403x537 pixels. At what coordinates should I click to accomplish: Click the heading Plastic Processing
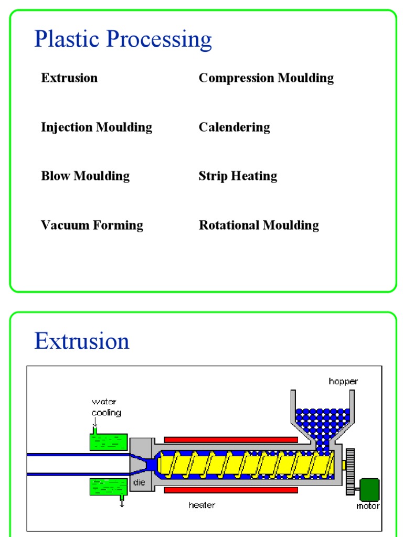click(x=123, y=40)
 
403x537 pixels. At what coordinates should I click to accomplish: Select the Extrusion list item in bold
click(x=69, y=78)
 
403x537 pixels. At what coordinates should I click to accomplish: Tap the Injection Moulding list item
click(x=97, y=127)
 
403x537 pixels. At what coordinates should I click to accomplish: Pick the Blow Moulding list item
click(x=85, y=176)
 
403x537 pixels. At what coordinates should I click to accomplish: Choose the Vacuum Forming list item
click(x=92, y=225)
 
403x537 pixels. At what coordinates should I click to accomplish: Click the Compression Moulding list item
click(x=266, y=78)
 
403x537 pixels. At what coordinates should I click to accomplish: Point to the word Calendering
click(x=234, y=127)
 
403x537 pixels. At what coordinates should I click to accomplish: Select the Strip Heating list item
click(x=238, y=176)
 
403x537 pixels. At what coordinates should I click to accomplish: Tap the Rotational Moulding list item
click(x=259, y=225)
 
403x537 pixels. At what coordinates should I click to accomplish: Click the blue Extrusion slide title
click(x=81, y=341)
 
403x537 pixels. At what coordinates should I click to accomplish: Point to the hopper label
click(x=343, y=381)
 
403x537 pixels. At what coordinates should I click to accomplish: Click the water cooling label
click(x=106, y=407)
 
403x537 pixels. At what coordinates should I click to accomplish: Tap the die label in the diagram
click(x=139, y=482)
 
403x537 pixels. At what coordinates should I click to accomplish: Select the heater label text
click(x=202, y=506)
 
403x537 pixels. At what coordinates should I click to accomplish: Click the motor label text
click(x=368, y=506)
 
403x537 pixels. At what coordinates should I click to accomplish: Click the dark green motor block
click(x=369, y=489)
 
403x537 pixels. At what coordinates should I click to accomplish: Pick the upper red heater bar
click(x=231, y=439)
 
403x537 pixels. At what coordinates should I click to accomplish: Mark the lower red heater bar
click(x=231, y=490)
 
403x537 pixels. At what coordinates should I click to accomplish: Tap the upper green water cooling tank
click(x=109, y=442)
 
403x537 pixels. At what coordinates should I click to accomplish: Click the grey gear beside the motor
click(x=351, y=471)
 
